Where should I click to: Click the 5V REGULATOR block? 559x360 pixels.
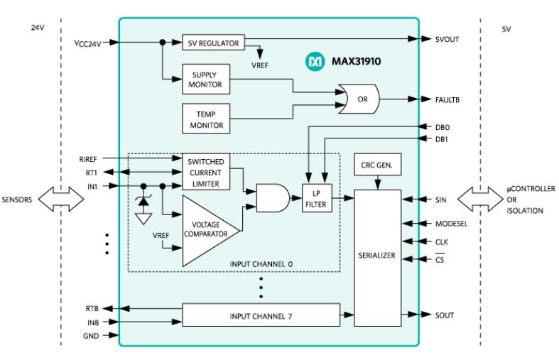click(x=213, y=43)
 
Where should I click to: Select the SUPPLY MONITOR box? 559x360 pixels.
click(x=206, y=79)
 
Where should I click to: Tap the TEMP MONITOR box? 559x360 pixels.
click(x=206, y=119)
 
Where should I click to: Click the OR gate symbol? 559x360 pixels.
click(x=359, y=99)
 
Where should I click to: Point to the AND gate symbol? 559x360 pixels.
click(x=273, y=198)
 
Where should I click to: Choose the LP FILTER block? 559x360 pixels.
click(x=317, y=198)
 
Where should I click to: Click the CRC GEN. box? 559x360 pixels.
click(x=377, y=164)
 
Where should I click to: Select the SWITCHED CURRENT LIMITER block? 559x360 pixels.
click(x=206, y=172)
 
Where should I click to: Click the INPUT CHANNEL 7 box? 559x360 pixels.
click(x=261, y=315)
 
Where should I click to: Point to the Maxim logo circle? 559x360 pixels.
click(x=315, y=61)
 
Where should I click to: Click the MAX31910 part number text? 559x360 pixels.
click(x=356, y=61)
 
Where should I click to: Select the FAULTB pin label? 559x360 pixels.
click(x=447, y=100)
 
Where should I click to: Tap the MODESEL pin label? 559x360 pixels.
click(x=451, y=224)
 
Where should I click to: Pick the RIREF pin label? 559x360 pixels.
click(x=87, y=159)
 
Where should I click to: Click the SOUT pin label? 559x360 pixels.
click(x=444, y=315)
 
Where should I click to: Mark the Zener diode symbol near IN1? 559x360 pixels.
click(x=143, y=202)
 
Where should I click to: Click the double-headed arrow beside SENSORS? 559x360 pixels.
click(x=61, y=200)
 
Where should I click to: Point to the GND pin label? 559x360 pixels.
click(x=91, y=336)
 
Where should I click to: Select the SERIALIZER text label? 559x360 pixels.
click(x=377, y=255)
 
